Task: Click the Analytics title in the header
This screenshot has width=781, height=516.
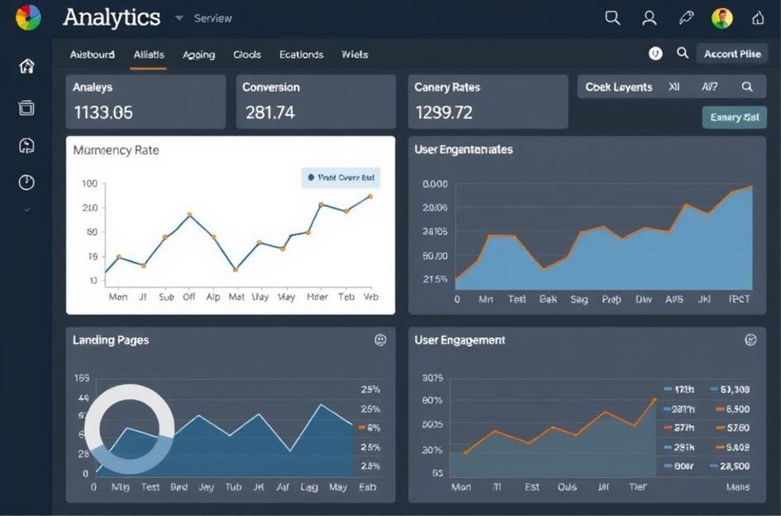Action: [x=111, y=17]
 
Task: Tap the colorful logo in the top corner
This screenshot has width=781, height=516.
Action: [x=28, y=17]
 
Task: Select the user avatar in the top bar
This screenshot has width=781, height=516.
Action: [x=721, y=17]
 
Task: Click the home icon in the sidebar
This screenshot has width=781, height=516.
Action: [x=27, y=66]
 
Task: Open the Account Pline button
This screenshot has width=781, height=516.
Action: [x=732, y=54]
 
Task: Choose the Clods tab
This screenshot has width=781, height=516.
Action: [x=247, y=55]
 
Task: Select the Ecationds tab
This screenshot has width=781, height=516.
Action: [x=301, y=55]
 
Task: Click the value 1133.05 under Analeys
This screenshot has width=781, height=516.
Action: [x=103, y=113]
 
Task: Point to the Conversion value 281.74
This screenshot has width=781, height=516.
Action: [x=270, y=113]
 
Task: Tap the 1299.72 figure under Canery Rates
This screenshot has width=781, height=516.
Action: [x=444, y=113]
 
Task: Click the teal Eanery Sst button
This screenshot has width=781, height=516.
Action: [x=734, y=117]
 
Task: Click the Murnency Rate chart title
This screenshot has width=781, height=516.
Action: [x=116, y=150]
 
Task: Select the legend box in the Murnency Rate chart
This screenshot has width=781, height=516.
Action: [x=340, y=178]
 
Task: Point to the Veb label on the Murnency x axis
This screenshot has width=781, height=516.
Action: [x=370, y=297]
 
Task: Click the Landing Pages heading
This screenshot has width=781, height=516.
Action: [x=110, y=340]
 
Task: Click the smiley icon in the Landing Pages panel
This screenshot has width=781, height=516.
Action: [x=380, y=340]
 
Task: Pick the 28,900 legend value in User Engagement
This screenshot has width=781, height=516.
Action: [x=731, y=467]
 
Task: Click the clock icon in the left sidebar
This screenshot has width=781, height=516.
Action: [x=27, y=183]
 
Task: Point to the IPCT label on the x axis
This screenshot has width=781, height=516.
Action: [x=739, y=299]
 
